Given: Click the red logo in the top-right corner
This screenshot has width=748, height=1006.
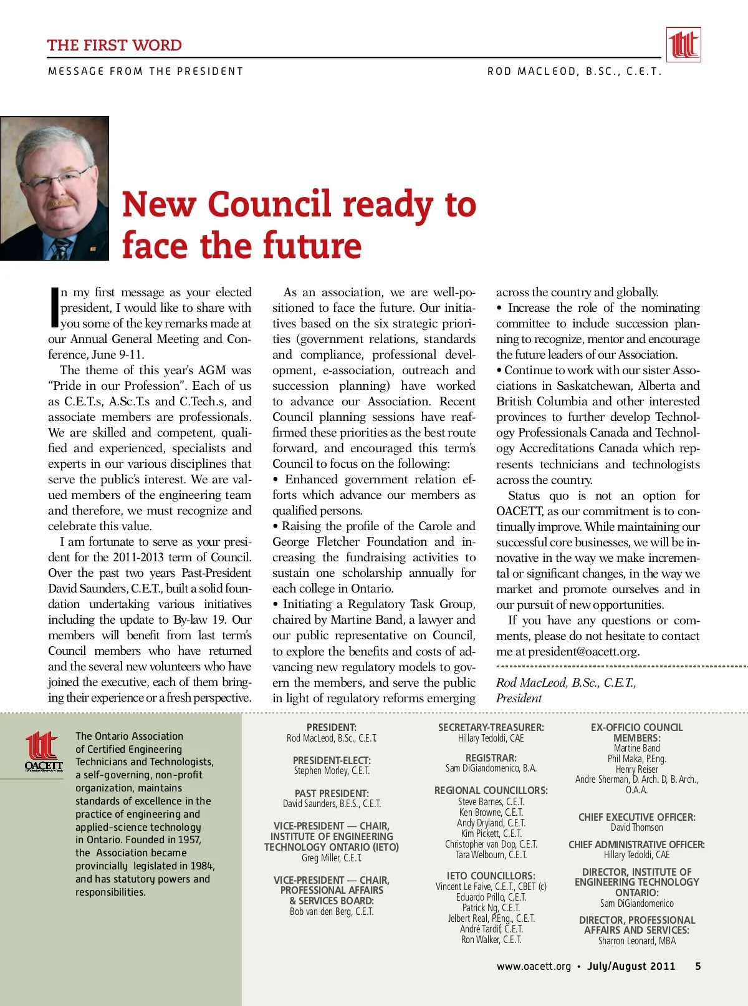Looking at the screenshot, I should pos(683,44).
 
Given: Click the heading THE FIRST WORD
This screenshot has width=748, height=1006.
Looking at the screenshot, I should pos(114,45).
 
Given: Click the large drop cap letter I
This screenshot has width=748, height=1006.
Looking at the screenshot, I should pos(54,307).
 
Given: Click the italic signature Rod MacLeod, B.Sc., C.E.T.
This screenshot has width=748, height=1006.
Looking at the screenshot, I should pos(566,682).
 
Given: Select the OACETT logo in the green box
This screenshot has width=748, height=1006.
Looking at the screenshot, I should pos(44,752).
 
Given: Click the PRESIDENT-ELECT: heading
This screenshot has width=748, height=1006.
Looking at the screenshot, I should pos(332,760).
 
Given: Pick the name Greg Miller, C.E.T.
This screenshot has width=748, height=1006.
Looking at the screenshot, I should pos(332,858).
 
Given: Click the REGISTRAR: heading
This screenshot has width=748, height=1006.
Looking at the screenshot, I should pos(491,758).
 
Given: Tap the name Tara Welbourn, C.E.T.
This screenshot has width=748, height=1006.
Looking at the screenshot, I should pos(491,854).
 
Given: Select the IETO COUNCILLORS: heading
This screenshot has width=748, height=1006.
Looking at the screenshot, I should pos(491,876).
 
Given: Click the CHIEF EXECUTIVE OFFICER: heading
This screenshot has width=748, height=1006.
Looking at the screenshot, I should pos(636,817).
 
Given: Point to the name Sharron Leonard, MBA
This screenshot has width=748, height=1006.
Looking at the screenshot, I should pos(636,941).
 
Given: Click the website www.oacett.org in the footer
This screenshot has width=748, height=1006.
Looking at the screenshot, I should pos(534,966).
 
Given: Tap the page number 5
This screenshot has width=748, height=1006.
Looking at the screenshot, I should pos(698,966).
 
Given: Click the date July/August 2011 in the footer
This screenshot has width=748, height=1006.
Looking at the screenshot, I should pos(631,966).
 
